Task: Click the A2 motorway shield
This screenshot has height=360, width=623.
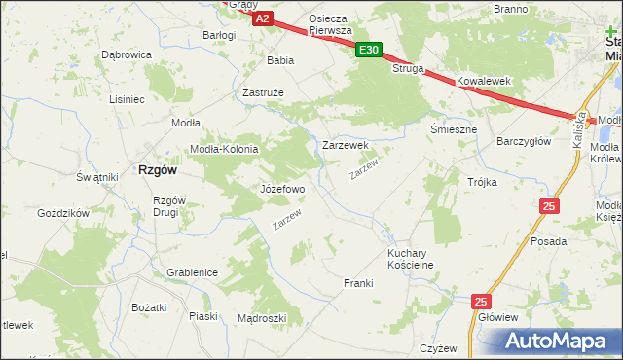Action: coord(261,18)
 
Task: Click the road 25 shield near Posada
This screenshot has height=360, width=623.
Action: coord(550,205)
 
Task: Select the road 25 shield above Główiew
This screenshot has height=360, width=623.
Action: coord(481,302)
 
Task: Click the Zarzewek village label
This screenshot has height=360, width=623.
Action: coord(345,145)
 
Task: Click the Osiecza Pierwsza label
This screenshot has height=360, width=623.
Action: coord(329,24)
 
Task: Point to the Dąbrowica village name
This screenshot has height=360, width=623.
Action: coord(126,55)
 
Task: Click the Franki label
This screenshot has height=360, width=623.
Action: coord(358,283)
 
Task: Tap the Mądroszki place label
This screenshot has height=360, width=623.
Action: coord(262,318)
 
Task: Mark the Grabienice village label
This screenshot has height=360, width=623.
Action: coord(192,273)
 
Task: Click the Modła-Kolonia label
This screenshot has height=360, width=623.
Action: coord(224,149)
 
